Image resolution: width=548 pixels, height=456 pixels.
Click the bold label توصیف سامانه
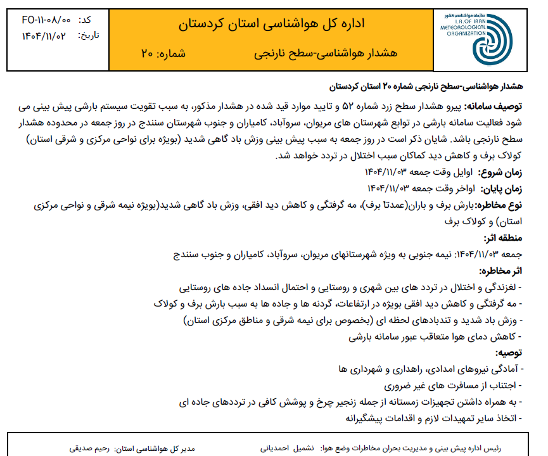point(492,105)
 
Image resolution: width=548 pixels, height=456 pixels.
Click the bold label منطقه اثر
point(503,238)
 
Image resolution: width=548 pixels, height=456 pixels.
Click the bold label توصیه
point(508,352)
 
